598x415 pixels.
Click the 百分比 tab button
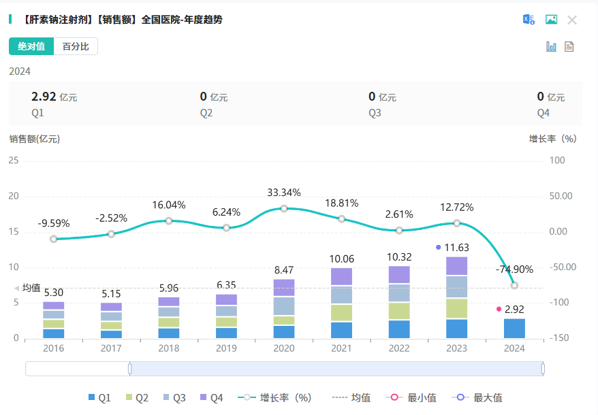tap(76, 46)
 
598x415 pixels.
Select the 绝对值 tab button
tap(31, 46)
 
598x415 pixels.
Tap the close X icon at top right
tap(572, 20)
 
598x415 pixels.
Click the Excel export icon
tap(529, 20)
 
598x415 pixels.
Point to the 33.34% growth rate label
tap(284, 193)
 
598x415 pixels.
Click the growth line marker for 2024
tap(514, 285)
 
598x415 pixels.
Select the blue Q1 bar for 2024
tap(514, 328)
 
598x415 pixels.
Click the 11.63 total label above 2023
tap(456, 248)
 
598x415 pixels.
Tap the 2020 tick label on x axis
tap(284, 348)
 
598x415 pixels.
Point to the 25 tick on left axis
tap(14, 161)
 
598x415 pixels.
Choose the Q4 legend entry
tap(211, 398)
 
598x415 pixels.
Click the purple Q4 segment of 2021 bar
tap(341, 276)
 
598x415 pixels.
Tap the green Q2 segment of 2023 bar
tap(456, 308)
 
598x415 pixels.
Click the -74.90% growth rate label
tap(514, 269)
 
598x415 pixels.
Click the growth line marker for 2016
tap(54, 239)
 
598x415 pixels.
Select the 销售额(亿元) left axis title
tap(35, 139)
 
